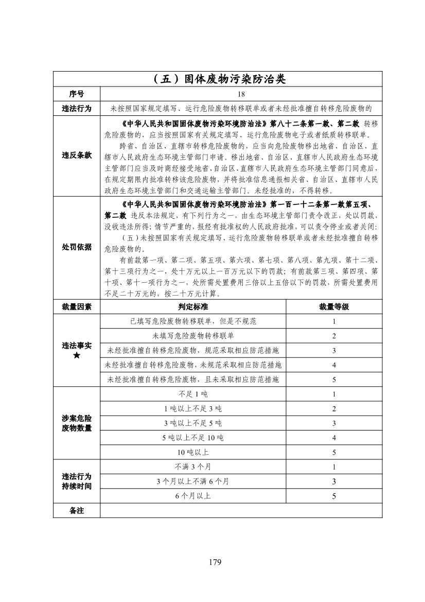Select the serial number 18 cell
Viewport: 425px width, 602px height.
241,94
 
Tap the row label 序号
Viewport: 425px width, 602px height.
77,94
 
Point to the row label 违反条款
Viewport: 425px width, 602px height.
77,156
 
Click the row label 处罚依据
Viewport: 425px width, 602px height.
77,247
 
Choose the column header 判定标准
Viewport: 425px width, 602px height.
193,306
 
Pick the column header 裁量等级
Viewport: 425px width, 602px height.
334,306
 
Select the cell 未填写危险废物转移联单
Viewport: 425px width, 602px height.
193,336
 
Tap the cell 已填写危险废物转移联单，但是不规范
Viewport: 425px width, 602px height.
193,321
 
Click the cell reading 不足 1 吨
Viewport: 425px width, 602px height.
193,394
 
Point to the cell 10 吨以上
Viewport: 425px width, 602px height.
193,452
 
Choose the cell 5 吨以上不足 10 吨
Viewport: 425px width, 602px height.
193,438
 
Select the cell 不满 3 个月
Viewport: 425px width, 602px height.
193,467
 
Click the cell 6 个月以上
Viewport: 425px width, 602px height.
193,496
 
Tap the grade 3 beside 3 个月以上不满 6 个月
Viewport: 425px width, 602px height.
334,481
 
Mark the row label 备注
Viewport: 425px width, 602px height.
77,510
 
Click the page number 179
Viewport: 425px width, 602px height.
215,562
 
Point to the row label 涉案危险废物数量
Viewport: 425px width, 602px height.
77,423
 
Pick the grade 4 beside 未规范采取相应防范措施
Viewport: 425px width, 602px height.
334,365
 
